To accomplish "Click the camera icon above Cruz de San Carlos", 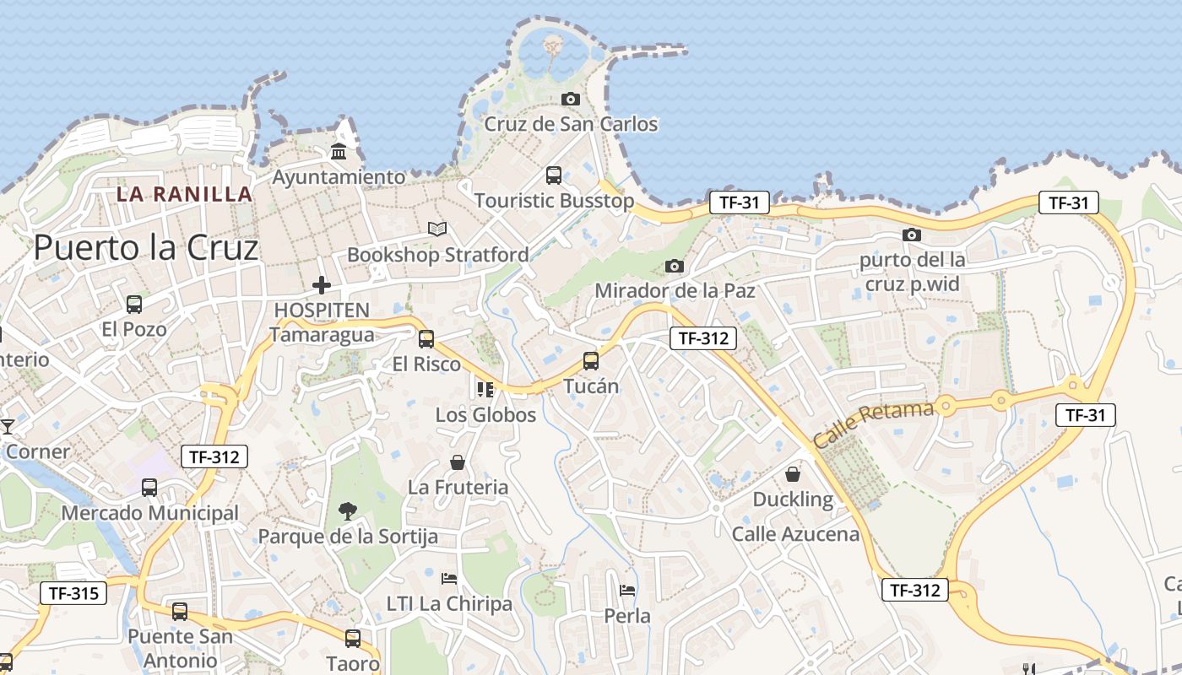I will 571,100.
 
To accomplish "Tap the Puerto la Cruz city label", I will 145,248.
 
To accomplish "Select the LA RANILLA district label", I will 184,194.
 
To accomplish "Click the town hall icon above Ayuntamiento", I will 339,152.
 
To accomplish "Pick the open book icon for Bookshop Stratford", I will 437,229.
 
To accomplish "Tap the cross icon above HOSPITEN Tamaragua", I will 321,285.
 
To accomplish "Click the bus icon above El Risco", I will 426,339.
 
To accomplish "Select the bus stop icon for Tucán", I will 591,361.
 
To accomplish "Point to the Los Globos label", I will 485,415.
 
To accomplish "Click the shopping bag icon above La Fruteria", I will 458,462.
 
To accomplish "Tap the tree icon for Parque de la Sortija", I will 347,510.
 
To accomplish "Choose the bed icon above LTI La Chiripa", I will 449,579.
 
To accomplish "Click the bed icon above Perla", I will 627,590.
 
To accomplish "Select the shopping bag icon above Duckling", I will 793,474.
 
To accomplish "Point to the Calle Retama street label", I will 873,424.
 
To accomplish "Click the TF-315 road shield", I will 74,593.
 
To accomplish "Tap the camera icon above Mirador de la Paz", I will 674,267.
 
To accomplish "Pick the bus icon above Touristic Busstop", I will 554,175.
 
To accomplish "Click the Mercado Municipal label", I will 150,513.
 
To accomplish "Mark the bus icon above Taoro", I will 353,639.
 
